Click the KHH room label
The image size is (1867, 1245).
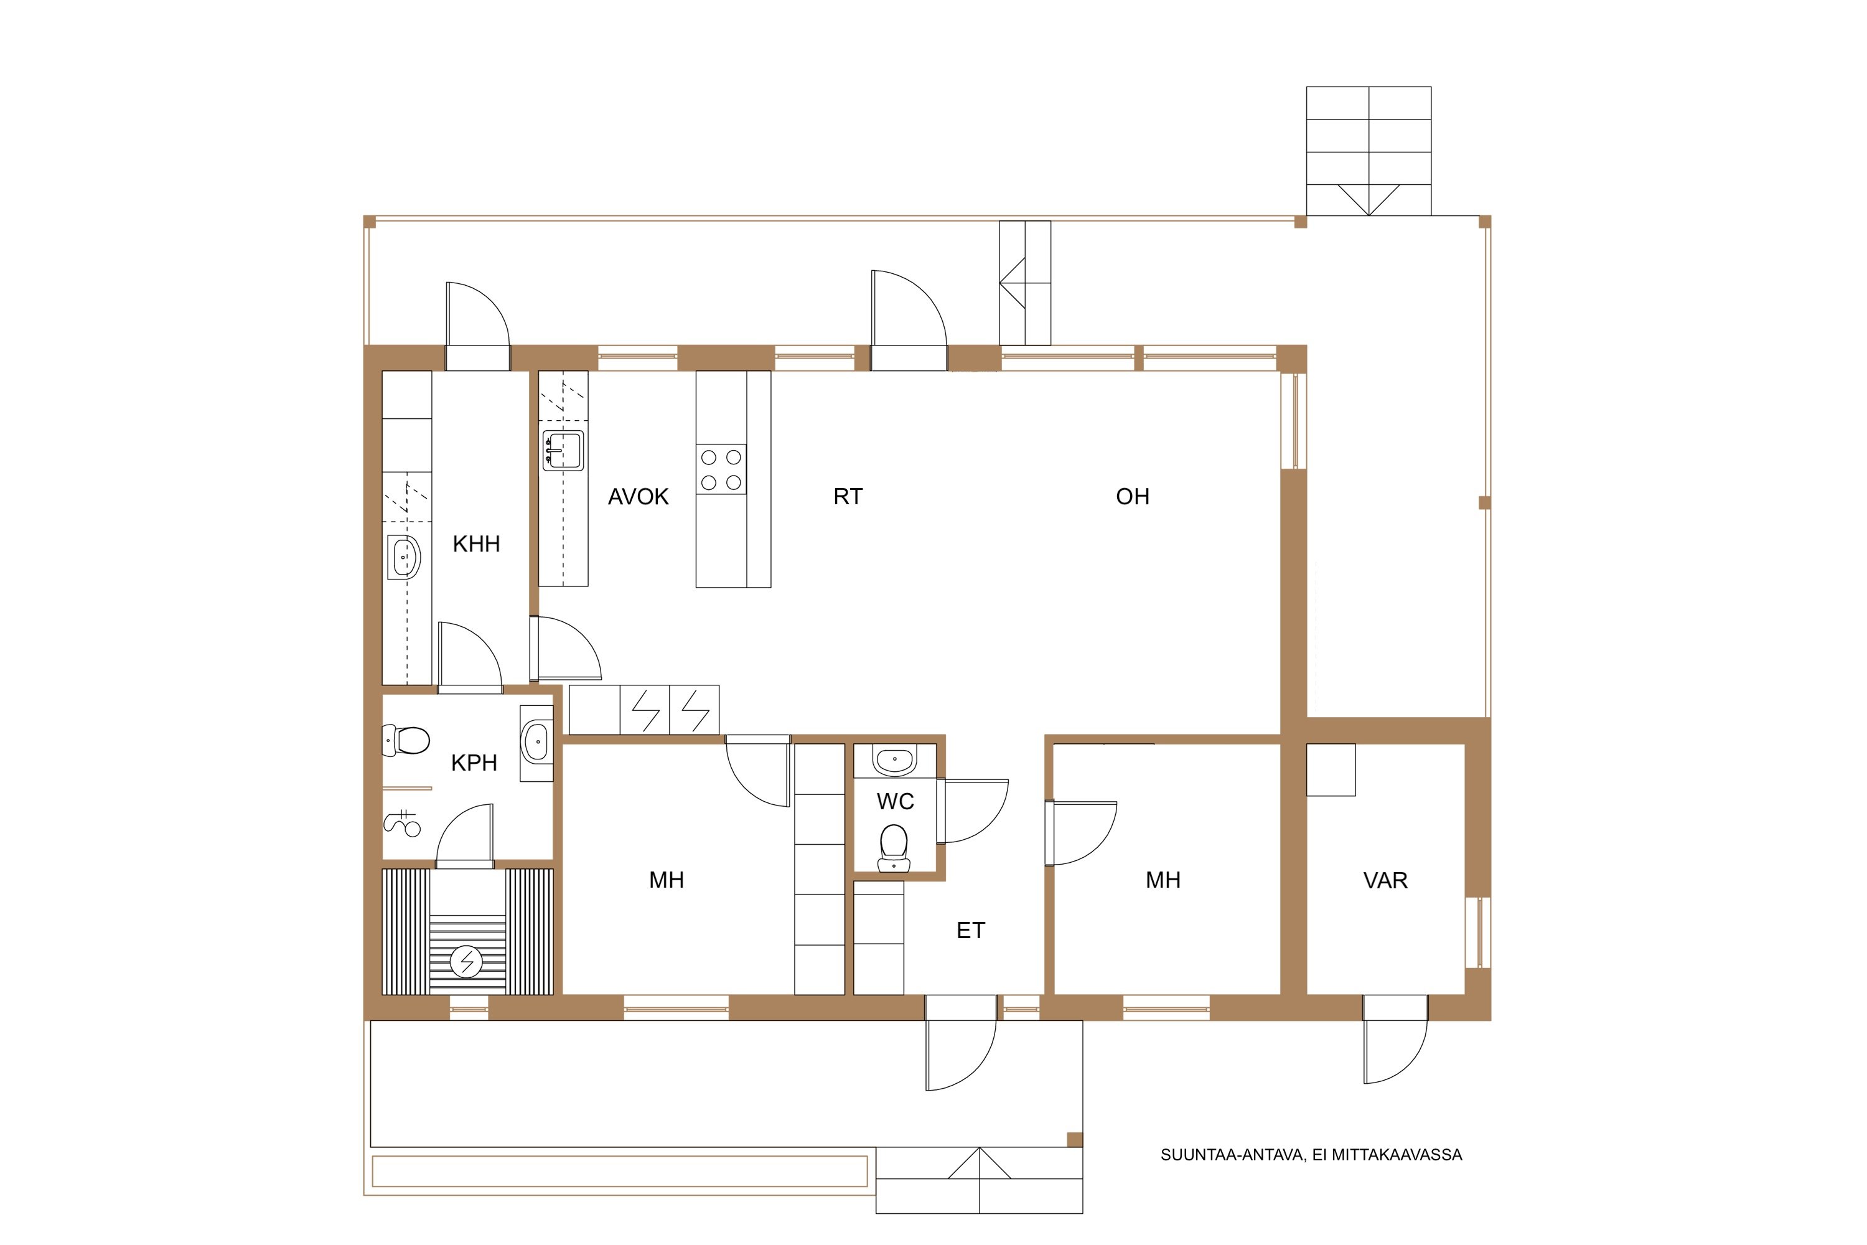coord(476,544)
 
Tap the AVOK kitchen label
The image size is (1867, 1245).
coord(639,497)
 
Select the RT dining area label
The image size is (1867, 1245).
coord(848,497)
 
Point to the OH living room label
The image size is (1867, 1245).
coord(1133,497)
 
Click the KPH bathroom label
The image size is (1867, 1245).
coord(474,763)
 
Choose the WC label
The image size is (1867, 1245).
coord(896,802)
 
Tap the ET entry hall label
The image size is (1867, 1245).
coord(971,931)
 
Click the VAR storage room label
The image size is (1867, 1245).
coord(1385,881)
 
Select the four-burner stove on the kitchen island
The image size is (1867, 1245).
coord(721,469)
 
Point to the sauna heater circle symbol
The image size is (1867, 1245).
coord(466,962)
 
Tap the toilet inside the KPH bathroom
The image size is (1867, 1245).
coord(406,740)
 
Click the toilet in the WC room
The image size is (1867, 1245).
coord(895,848)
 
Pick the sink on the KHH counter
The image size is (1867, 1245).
coord(404,557)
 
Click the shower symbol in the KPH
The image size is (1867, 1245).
coord(403,824)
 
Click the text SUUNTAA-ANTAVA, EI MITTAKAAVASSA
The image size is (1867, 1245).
coord(1311,1155)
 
